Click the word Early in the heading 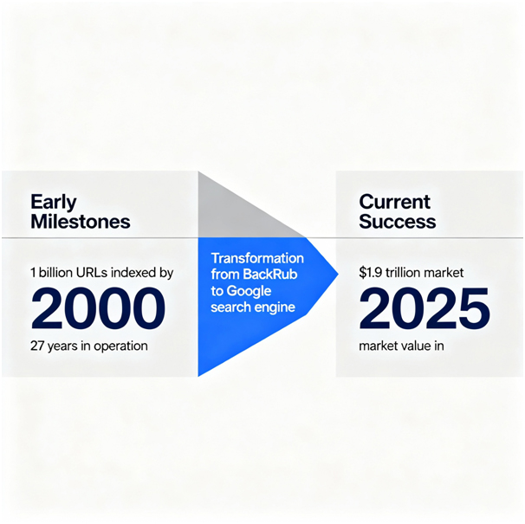point(54,202)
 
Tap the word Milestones point(81,222)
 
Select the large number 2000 point(98,308)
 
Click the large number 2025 point(425,308)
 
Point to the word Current point(395,202)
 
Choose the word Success point(398,222)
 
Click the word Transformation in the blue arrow point(257,258)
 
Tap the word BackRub point(270,275)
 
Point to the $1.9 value point(371,273)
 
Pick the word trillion point(402,273)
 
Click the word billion point(55,273)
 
